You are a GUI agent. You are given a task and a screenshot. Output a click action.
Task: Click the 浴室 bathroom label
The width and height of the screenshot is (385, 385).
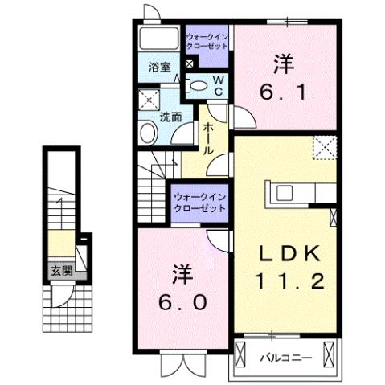pos(159,68)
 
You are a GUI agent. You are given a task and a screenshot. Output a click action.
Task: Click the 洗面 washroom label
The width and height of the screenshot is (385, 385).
pos(169,116)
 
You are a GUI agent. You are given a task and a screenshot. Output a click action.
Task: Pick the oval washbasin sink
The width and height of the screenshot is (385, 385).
pos(148,133)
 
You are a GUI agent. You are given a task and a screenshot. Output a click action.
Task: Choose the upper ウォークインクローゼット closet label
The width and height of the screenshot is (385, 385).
pos(208,41)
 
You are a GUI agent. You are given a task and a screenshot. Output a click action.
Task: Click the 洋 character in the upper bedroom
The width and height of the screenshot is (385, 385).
pos(281,62)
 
